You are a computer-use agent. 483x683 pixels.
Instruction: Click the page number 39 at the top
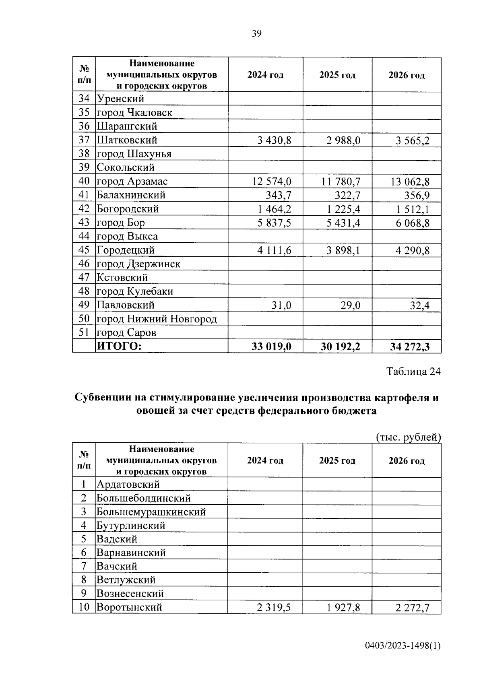tap(256, 34)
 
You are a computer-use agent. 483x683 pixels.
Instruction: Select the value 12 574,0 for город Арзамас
tap(272, 182)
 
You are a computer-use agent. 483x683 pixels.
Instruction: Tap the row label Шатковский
tap(127, 140)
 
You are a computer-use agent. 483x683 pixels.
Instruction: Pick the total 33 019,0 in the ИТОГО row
tap(271, 347)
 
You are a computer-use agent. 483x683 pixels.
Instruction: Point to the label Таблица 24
tap(414, 371)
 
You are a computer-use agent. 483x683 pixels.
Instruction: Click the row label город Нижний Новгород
tap(157, 319)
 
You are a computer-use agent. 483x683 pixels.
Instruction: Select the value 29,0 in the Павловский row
tap(349, 305)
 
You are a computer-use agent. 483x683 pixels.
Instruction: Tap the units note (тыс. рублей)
tap(408, 437)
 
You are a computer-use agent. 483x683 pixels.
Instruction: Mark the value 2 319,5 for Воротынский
tap(274, 607)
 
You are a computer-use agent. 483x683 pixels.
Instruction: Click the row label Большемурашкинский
tap(151, 512)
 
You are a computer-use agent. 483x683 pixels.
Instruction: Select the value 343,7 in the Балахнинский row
tap(278, 196)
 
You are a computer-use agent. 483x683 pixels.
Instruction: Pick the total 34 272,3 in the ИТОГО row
tap(410, 347)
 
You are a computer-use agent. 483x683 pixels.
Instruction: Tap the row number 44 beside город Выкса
tap(84, 236)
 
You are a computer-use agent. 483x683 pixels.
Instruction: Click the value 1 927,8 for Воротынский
tap(343, 607)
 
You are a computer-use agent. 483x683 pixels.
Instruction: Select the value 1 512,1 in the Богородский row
tap(413, 209)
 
